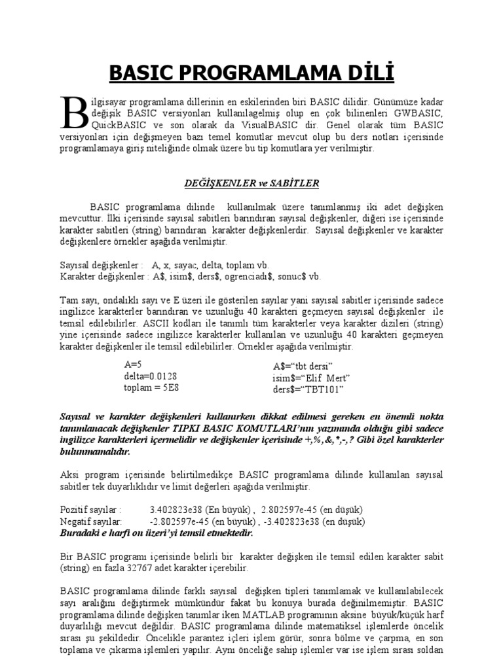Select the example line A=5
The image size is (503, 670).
[x=133, y=364]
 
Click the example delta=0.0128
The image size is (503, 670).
[x=150, y=376]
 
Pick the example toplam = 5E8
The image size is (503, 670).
[x=152, y=388]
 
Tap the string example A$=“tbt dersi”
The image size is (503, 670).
[x=303, y=365]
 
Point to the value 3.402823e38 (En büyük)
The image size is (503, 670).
[x=201, y=510]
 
